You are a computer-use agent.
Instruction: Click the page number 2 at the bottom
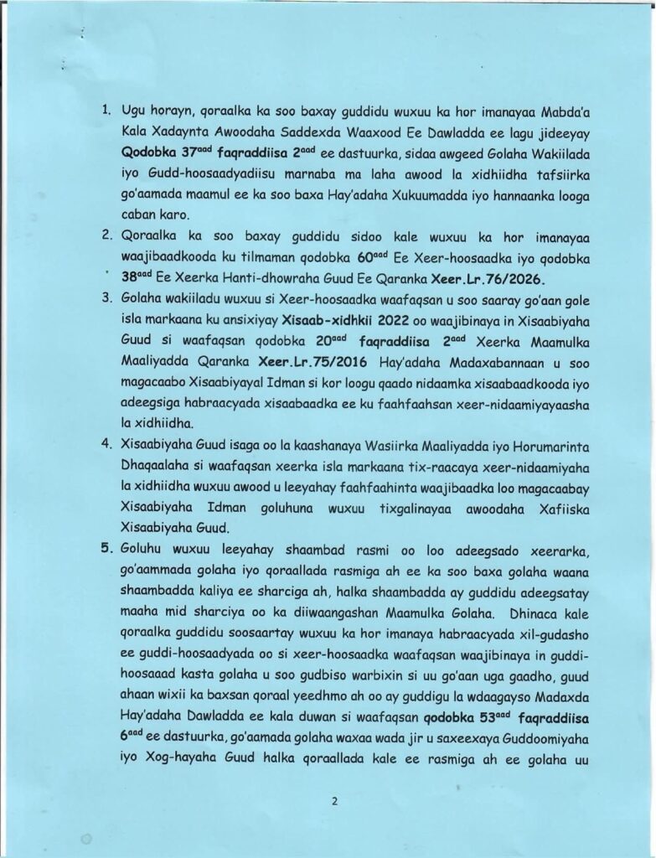333,801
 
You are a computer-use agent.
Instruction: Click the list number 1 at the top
106,110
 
